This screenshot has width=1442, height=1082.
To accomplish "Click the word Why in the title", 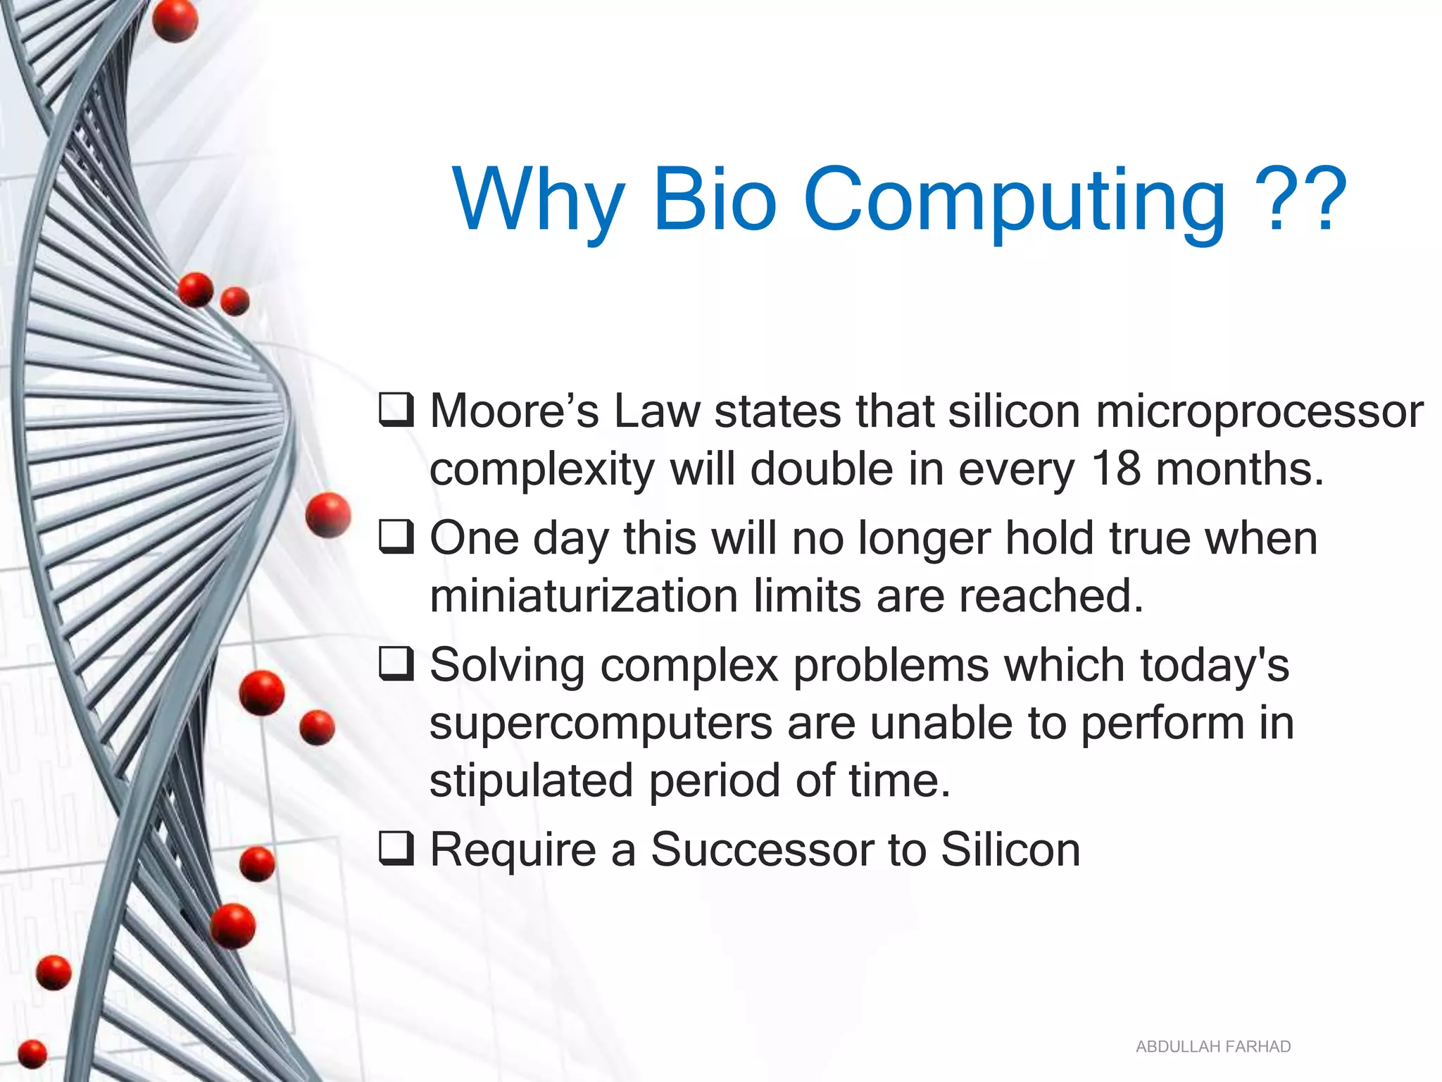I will coord(539,201).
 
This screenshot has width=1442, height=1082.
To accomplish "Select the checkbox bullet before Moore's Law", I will coord(396,410).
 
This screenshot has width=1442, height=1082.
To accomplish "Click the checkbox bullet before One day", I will coord(396,537).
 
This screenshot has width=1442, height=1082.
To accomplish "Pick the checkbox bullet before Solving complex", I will coord(396,664).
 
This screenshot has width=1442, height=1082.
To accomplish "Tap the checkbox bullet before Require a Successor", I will coord(396,848).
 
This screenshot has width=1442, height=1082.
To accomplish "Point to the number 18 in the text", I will coord(1115,468).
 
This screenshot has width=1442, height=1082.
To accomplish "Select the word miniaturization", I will coord(584,596).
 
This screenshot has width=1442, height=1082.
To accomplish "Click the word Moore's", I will coord(514,411).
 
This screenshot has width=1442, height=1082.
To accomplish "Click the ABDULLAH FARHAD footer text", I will coord(1212,1047).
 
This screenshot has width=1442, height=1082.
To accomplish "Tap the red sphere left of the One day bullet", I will coord(328,515).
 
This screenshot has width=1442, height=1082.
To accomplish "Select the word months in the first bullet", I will coord(1240,469).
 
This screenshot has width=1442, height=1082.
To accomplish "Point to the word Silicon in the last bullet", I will coord(1010,850).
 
